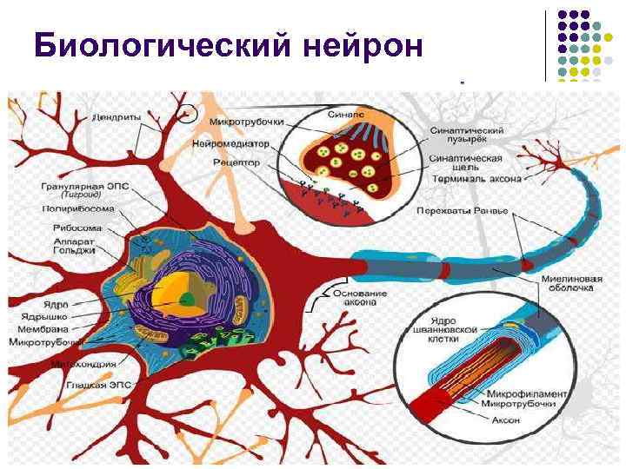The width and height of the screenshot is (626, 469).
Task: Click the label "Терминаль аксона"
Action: tap(475, 180)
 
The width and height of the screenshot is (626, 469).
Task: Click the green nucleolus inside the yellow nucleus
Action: tap(186, 299)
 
